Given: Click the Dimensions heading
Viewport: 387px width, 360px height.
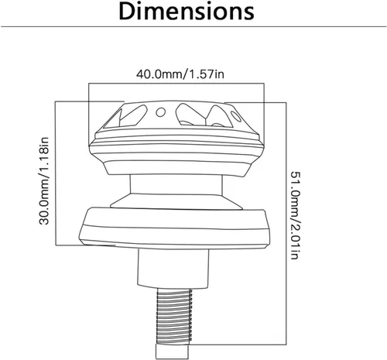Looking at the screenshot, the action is click(187, 12).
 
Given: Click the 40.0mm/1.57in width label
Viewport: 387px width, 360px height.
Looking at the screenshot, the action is click(180, 74).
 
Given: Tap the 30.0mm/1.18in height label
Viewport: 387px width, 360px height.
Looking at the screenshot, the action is click(44, 181).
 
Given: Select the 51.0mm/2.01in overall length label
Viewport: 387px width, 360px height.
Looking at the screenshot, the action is click(295, 215).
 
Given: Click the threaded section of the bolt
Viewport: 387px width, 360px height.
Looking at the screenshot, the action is click(174, 317).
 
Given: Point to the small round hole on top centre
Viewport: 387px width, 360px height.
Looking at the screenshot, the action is click(161, 112).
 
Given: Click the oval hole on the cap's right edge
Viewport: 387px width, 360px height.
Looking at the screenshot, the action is click(236, 116).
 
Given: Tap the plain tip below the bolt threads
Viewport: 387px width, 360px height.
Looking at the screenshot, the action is click(172, 351).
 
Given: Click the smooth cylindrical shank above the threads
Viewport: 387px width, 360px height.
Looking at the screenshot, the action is click(173, 268).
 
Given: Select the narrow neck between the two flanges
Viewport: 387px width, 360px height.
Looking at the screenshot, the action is click(176, 184).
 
